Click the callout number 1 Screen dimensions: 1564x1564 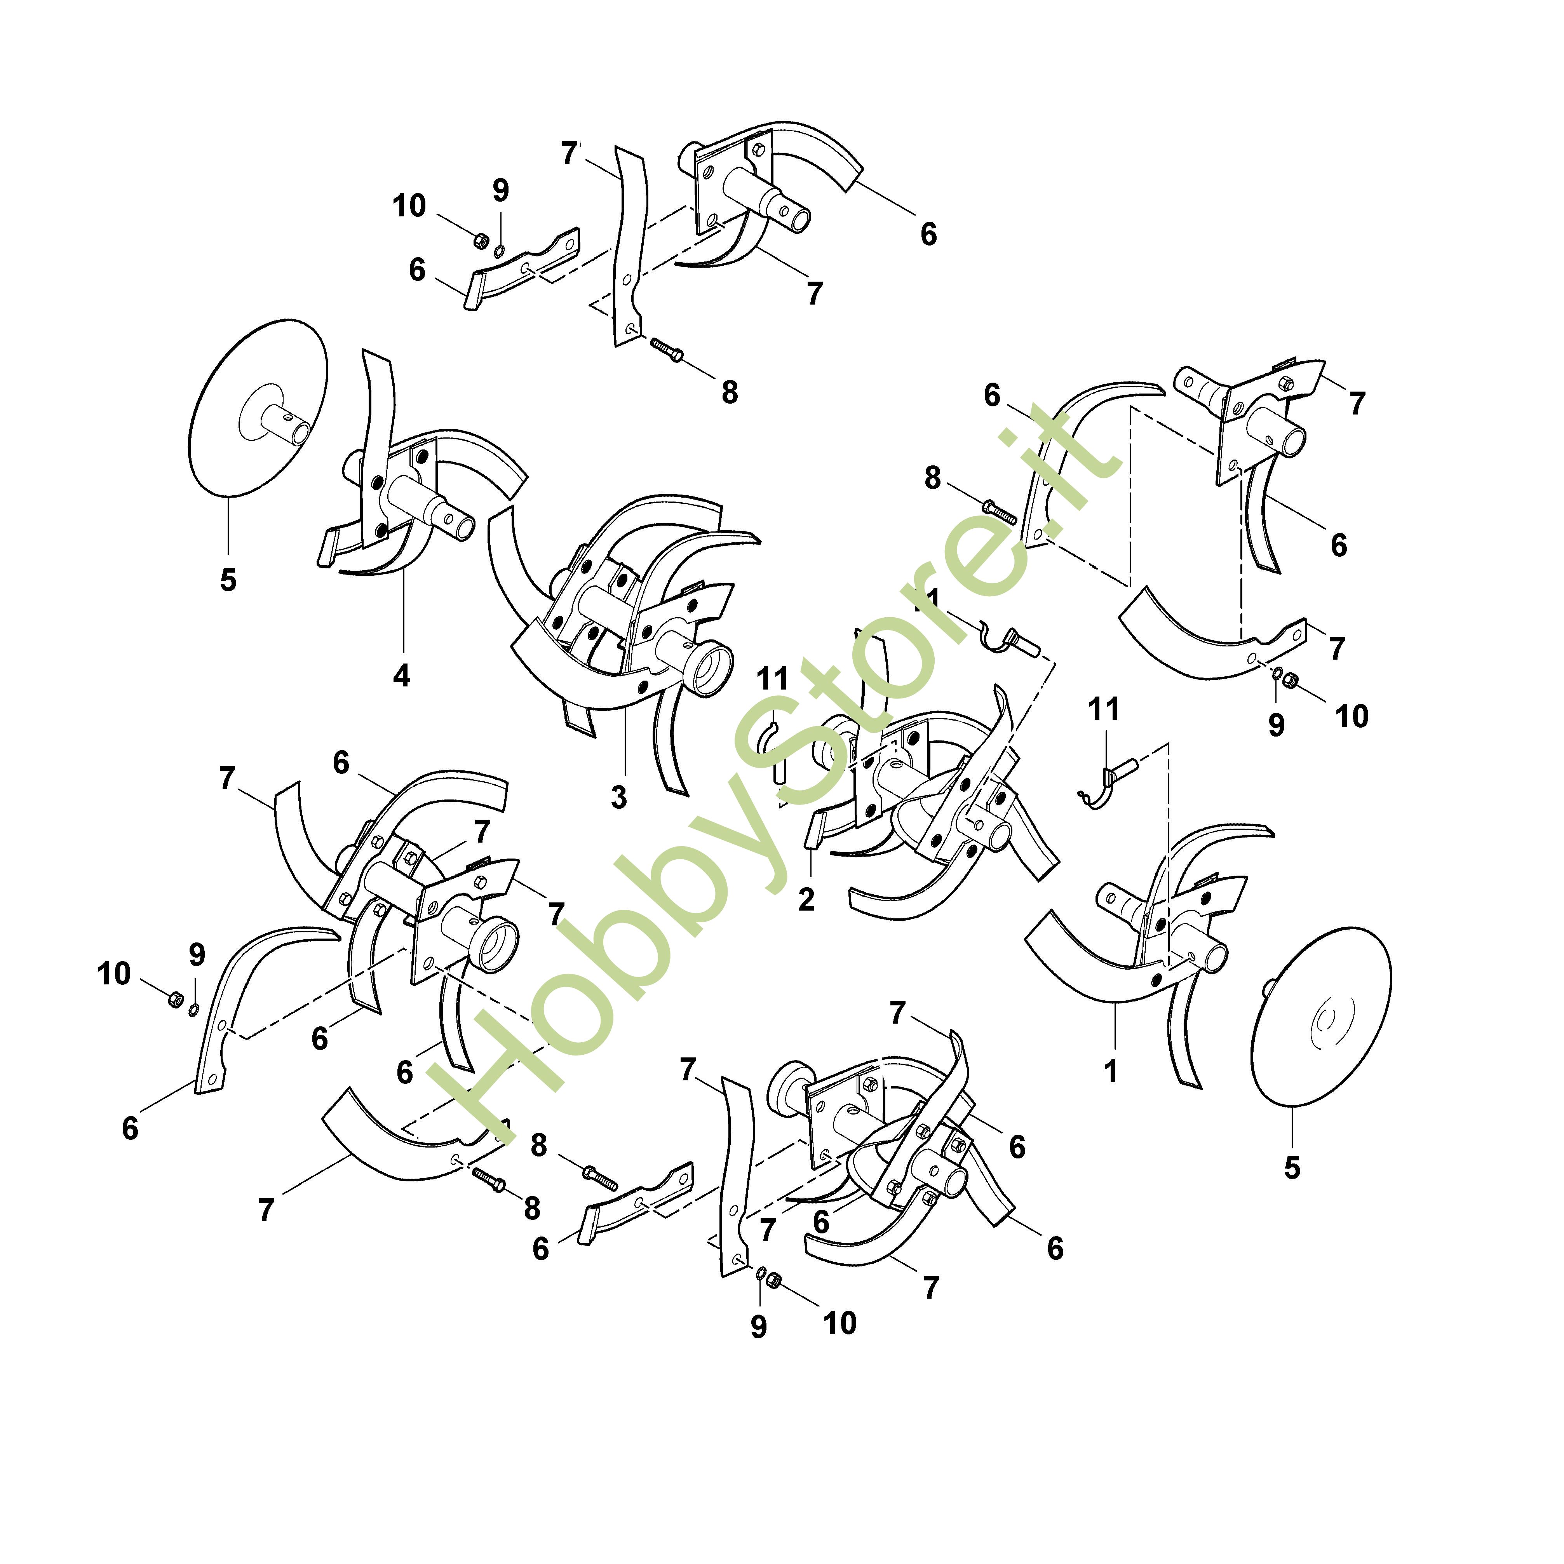(1111, 1071)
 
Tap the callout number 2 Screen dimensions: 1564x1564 (805, 899)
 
